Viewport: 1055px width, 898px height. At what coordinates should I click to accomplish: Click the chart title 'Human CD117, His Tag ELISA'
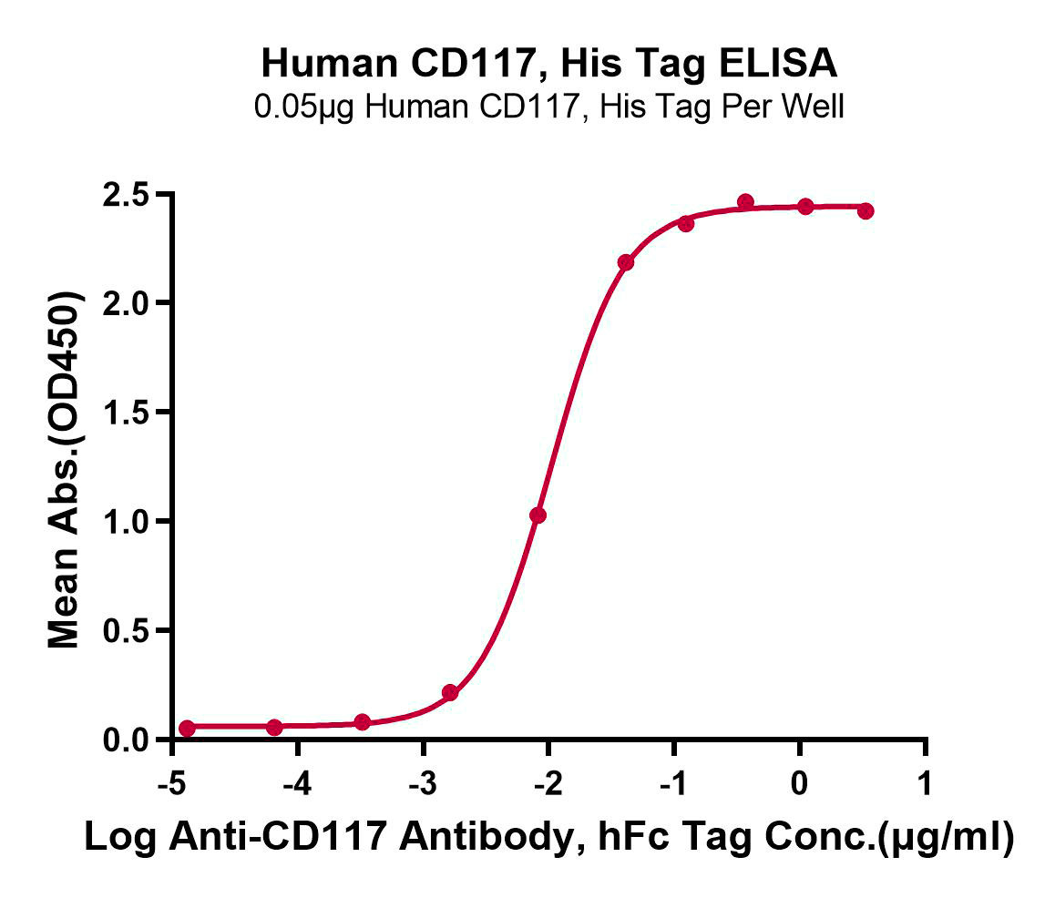click(549, 64)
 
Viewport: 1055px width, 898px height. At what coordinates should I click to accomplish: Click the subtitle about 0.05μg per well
click(549, 107)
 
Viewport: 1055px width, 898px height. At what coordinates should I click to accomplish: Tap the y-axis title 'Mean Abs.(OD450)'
click(64, 471)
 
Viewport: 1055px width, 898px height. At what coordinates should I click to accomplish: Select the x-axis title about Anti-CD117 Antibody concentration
click(548, 838)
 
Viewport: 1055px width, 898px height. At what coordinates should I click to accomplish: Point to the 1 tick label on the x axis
click(926, 781)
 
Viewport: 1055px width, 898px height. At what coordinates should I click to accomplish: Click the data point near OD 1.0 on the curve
click(538, 515)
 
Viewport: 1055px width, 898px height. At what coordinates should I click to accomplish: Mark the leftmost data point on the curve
click(188, 728)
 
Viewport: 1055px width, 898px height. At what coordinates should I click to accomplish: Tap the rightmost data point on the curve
click(866, 211)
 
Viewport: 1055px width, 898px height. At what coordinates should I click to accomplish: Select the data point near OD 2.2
click(626, 262)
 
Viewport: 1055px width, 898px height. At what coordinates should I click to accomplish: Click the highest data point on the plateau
click(745, 201)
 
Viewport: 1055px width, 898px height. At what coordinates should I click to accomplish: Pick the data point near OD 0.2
click(450, 693)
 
